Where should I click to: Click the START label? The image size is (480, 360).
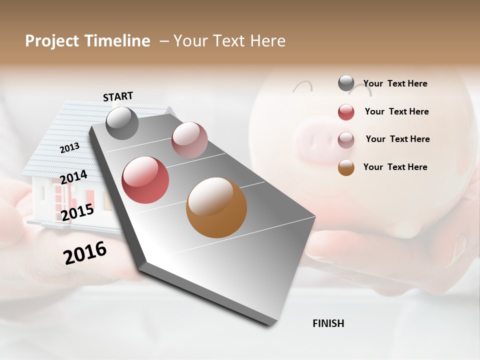tap(118, 96)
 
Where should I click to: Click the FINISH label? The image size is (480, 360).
tap(328, 323)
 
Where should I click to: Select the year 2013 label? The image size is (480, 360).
tap(69, 148)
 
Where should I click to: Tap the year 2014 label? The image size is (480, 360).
tap(73, 177)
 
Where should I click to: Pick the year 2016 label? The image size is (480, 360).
tap(85, 253)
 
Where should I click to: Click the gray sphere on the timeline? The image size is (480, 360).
tap(122, 123)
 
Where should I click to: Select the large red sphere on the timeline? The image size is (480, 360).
tap(145, 180)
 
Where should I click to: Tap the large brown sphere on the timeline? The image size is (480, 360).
tap(216, 207)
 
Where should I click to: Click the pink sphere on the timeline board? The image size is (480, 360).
tap(189, 139)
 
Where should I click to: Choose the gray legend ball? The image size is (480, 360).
tap(346, 83)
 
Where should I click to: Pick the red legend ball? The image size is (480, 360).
tap(346, 112)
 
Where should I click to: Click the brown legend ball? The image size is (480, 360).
tap(346, 167)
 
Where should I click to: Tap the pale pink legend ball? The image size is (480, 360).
tap(346, 139)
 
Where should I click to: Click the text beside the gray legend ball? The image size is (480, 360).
tap(395, 83)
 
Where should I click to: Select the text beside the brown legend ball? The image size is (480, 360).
tap(395, 167)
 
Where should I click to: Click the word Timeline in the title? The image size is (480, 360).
tap(118, 41)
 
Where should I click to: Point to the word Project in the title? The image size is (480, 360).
tap(52, 41)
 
